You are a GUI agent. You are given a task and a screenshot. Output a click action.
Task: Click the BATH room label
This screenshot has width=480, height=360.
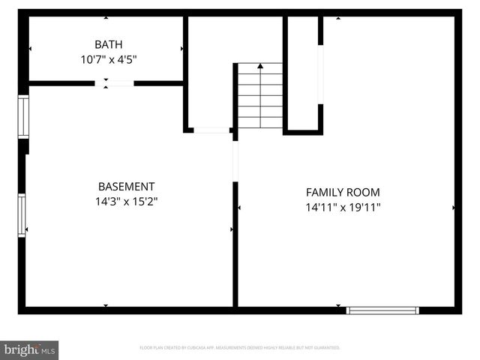coord(109,43)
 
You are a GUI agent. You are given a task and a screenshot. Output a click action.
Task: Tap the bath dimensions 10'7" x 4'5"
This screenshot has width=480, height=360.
coord(109,58)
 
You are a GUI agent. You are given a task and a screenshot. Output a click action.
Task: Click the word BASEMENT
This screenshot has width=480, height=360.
coord(126,186)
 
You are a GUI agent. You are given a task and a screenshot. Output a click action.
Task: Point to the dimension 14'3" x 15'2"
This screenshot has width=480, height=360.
coord(126,201)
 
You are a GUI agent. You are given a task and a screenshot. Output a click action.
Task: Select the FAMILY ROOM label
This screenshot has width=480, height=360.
coord(343,192)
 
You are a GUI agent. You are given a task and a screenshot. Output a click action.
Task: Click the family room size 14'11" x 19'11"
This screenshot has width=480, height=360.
coord(343,207)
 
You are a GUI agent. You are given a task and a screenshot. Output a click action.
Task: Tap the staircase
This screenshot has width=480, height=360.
coord(260,96)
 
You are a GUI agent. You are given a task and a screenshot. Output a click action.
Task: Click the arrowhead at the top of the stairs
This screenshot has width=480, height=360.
coord(260,67)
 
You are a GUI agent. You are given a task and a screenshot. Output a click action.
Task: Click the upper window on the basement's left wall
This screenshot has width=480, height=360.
coord(22,116)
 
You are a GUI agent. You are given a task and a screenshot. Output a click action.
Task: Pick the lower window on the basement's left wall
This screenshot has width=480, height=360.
coord(22,215)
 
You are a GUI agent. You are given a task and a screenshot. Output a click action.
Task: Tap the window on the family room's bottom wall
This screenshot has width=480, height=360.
coord(382,310)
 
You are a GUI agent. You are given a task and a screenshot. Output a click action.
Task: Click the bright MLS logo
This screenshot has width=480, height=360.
coord(30,349)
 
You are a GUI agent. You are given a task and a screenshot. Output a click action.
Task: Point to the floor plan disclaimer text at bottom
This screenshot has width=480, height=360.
coord(240,348)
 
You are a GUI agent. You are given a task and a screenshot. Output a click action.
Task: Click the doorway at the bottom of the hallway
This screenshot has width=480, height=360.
coord(211,130)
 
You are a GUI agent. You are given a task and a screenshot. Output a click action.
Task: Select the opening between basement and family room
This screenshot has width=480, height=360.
coord(235,161)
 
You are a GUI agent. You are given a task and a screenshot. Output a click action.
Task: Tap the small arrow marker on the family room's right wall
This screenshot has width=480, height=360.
coord(453,207)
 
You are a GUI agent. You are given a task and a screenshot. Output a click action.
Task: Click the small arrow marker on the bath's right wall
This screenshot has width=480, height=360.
coord(182,49)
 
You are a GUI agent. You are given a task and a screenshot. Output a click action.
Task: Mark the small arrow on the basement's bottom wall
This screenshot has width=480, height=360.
coord(105,305)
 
